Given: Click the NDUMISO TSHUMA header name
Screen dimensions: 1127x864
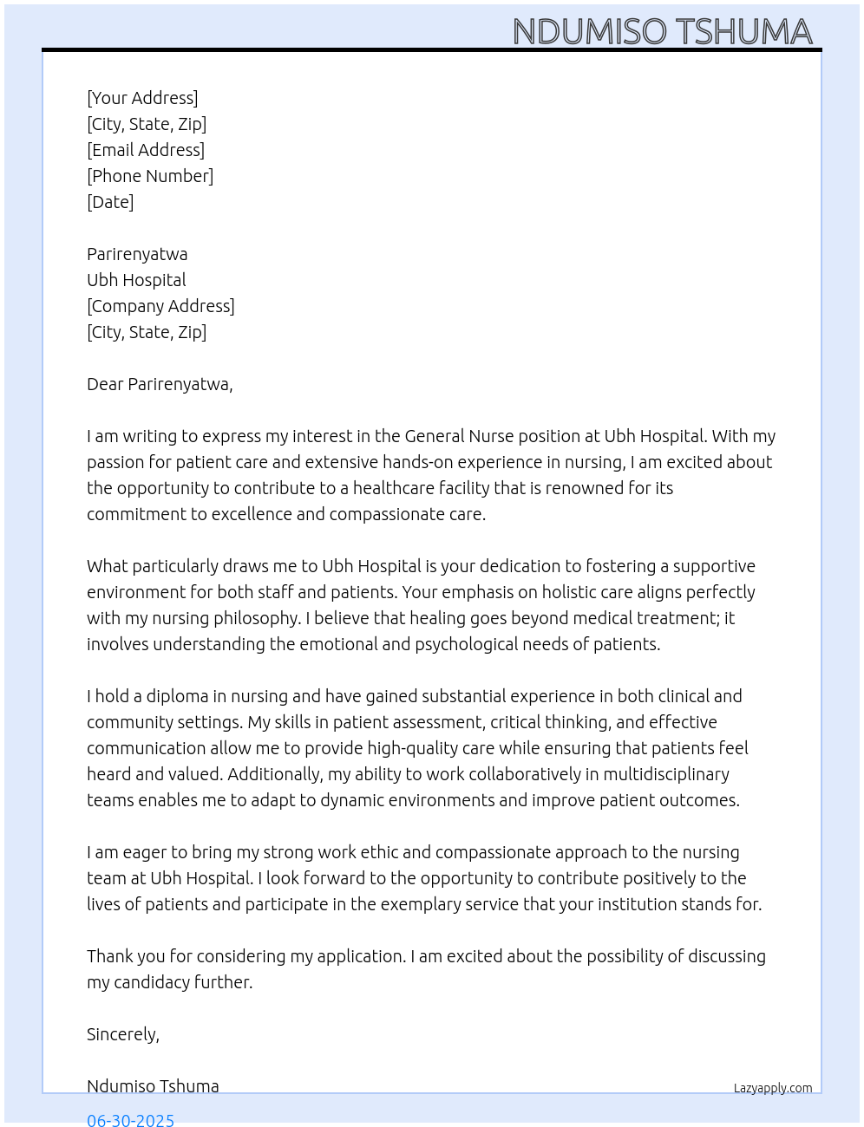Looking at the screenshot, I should click(662, 31).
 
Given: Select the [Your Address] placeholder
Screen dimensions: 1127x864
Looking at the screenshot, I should click(142, 98).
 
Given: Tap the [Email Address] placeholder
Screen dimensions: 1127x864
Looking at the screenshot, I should click(146, 150).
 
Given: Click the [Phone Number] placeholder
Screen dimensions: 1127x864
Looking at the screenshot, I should click(150, 176).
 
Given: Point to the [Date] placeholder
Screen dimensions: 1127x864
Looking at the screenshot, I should click(110, 202).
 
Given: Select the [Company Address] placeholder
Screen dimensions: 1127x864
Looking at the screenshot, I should click(160, 306).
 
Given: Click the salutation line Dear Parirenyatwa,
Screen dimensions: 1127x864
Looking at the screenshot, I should click(160, 384).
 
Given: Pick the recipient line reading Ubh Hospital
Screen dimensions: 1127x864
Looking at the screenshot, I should click(136, 280).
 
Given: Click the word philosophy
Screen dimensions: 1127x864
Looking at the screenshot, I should click(259, 618).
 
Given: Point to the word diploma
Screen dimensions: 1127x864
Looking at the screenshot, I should click(177, 696).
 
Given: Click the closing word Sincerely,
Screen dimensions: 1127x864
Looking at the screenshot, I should click(123, 1034).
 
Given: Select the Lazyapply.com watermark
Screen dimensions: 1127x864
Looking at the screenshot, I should click(773, 1088).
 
